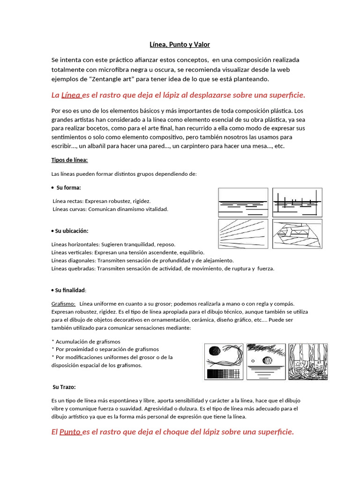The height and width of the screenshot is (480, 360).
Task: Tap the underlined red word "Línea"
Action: (71, 95)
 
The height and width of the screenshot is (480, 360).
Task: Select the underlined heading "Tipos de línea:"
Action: (69, 160)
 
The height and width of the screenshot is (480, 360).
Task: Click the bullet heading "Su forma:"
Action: (68, 187)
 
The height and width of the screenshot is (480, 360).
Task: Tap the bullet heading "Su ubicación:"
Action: (71, 231)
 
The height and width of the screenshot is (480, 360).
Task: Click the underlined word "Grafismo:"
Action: (63, 304)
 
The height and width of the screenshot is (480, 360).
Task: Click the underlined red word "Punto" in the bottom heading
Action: (70, 432)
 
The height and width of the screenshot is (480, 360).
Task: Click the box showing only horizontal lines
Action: (243, 202)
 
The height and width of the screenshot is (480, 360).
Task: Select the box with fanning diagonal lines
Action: (243, 233)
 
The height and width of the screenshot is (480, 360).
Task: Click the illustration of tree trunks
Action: (308, 361)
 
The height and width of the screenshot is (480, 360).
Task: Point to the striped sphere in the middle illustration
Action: (267, 360)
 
